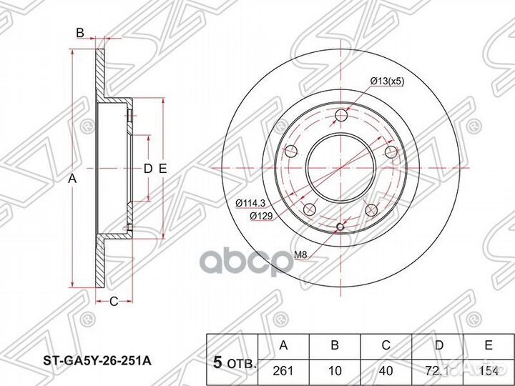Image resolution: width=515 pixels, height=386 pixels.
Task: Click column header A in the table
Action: coord(283,345)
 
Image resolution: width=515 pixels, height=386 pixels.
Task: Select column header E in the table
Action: coord(488,345)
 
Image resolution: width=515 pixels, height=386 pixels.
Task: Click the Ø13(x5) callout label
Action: coord(388,81)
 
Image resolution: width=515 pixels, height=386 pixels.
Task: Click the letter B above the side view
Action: coord(80,32)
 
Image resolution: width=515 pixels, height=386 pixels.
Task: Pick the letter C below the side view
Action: coord(113,302)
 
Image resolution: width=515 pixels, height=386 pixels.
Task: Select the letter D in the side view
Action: coord(147,169)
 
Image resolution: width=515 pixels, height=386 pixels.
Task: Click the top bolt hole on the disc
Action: coord(341,116)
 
